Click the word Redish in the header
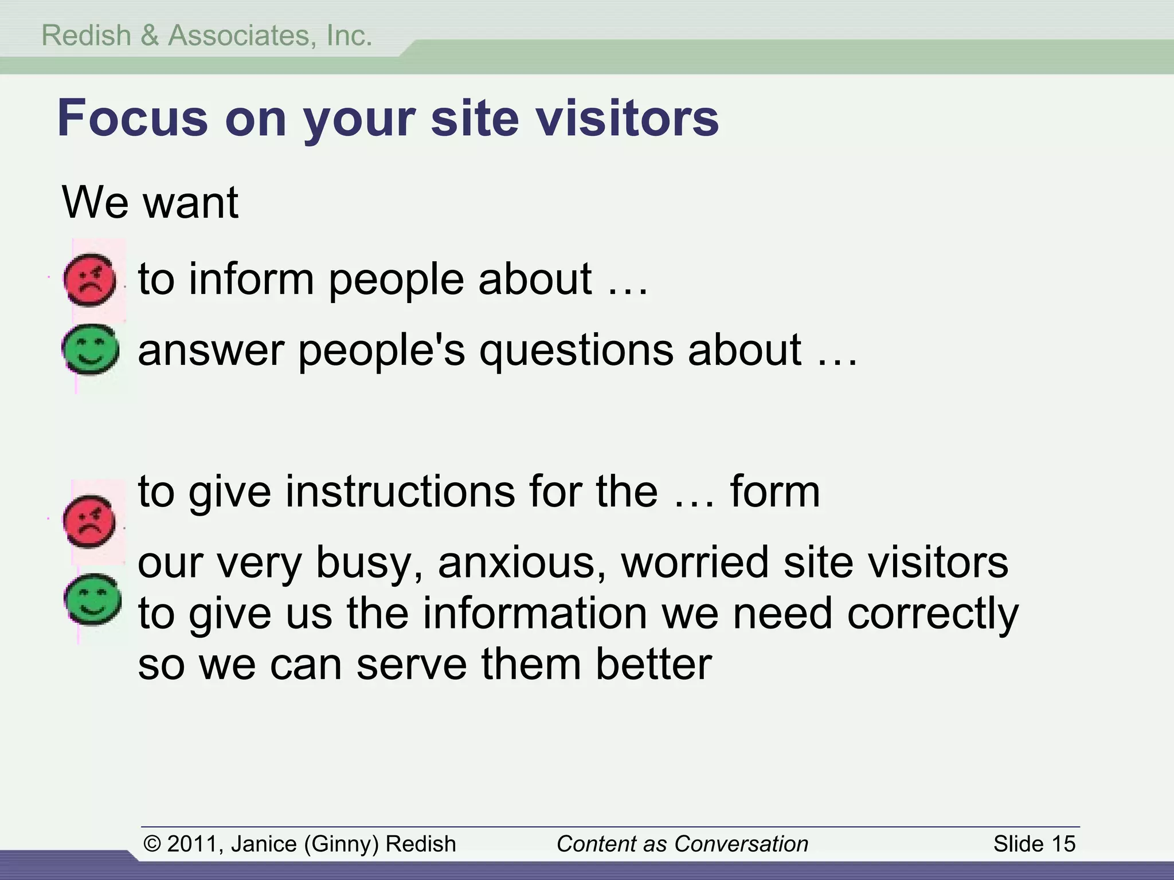click(87, 36)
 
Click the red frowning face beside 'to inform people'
click(89, 280)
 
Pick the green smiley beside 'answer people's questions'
click(91, 349)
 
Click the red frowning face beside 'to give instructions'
click(89, 522)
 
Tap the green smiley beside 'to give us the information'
click(92, 599)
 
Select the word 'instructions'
click(400, 492)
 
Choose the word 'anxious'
click(522, 562)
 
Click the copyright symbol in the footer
click(152, 844)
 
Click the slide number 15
click(1063, 844)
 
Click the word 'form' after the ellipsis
click(774, 492)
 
